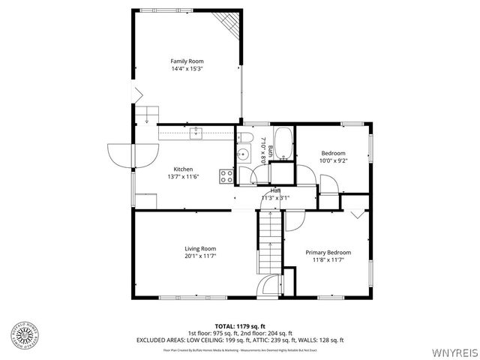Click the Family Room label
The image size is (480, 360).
point(186,61)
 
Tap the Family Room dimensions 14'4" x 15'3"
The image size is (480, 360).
point(186,69)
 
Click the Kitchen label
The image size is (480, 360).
point(184,169)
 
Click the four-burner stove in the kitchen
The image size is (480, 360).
point(226,175)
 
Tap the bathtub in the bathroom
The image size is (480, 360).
point(283,144)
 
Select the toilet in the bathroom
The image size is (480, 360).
point(241,138)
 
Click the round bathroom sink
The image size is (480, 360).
point(241,156)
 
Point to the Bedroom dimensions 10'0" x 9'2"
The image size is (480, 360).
point(333,160)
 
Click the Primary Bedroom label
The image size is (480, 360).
point(328,253)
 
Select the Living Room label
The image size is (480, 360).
point(200,249)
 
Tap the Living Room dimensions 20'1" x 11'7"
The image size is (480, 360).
point(200,256)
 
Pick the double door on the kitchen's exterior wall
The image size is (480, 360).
point(120,154)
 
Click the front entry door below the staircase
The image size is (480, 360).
point(267,286)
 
